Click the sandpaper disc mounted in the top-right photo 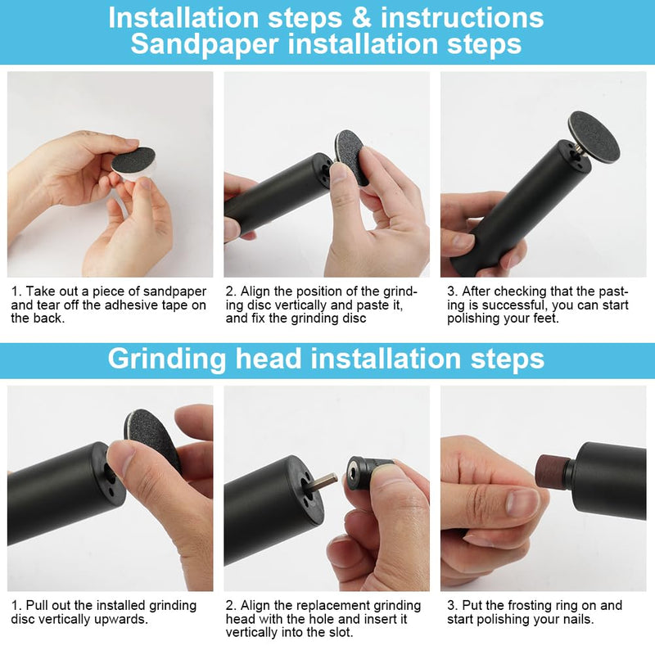coord(594,135)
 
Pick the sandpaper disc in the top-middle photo coord(351,156)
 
